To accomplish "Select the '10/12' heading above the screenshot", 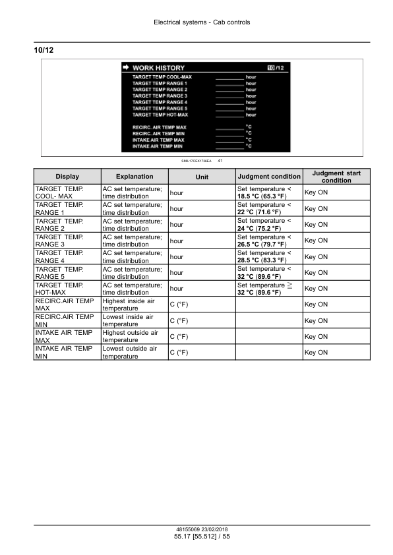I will click(43, 50).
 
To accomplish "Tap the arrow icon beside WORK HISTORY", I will click(125, 68).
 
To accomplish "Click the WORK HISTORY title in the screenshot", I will click(158, 68).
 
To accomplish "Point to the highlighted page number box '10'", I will click(270, 68).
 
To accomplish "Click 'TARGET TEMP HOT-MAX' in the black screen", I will click(160, 115).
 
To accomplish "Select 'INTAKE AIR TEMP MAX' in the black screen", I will click(158, 140).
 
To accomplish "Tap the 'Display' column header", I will click(67, 177).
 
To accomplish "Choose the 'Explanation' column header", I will click(135, 177).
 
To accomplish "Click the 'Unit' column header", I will click(202, 177).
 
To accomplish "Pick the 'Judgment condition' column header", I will click(269, 177).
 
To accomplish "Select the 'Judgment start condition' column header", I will click(336, 177).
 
